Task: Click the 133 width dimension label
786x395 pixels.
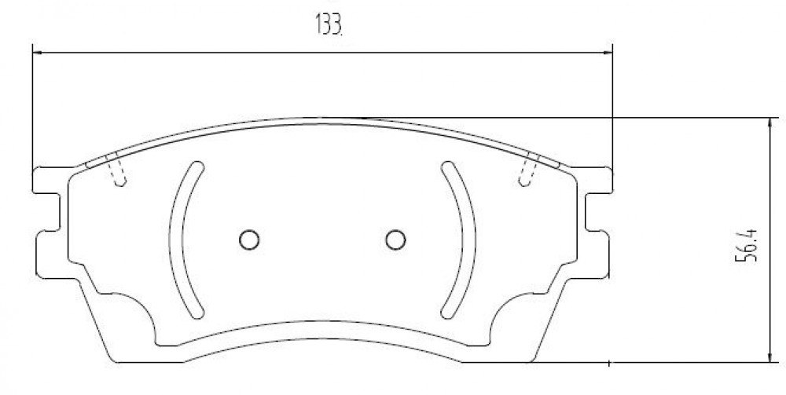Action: (329, 24)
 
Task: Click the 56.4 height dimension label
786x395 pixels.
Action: (746, 245)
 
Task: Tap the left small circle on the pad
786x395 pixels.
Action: (249, 240)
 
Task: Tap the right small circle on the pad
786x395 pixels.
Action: (395, 240)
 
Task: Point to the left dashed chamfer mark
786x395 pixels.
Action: (116, 169)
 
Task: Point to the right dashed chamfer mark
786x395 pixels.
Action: (529, 169)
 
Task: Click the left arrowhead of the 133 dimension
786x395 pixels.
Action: (37, 52)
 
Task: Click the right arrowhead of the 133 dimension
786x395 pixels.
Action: (608, 52)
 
